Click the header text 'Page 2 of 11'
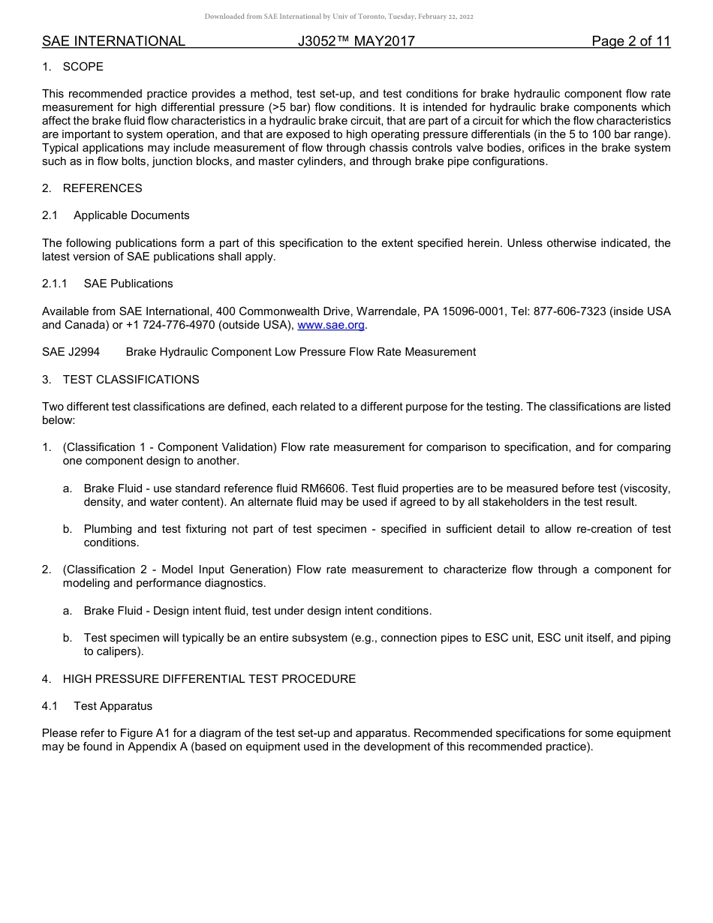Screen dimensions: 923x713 [630, 41]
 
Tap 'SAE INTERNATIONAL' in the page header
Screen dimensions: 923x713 [113, 41]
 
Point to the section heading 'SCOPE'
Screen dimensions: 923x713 [83, 67]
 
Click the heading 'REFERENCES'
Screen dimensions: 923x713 [102, 188]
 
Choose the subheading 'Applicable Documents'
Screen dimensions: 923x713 [131, 215]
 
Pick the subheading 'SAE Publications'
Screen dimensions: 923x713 [128, 284]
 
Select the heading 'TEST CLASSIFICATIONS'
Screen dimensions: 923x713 [131, 380]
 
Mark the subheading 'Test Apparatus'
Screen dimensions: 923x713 [113, 706]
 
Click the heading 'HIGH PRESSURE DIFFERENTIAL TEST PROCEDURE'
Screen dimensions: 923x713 [209, 679]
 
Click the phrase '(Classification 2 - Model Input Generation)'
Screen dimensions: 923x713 [177, 570]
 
